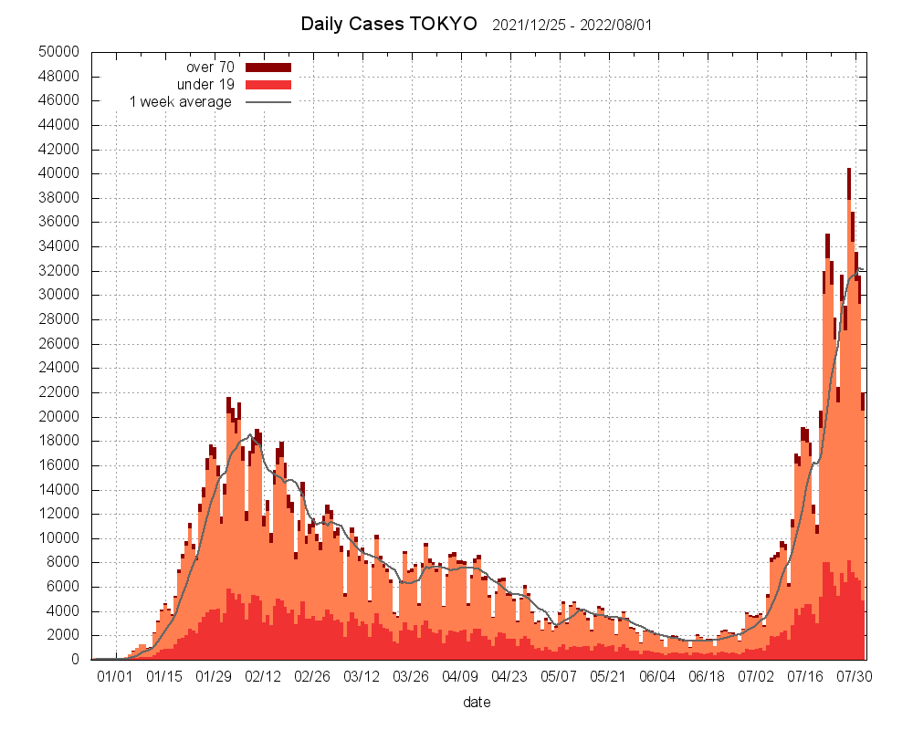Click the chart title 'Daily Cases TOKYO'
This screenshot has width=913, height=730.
click(x=389, y=24)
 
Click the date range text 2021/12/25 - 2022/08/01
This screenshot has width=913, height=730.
click(x=572, y=25)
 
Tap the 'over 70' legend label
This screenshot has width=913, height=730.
click(x=210, y=67)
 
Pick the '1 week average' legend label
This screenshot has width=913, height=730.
click(x=181, y=101)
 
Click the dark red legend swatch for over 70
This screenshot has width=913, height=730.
click(x=268, y=67)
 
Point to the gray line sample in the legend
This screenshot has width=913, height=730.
click(x=268, y=101)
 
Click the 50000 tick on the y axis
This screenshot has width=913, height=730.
click(x=59, y=52)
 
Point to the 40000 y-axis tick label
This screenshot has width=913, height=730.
click(x=59, y=173)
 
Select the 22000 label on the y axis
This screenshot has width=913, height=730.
click(x=59, y=392)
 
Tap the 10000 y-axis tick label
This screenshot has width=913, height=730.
click(x=59, y=538)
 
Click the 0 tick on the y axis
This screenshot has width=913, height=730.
click(x=76, y=660)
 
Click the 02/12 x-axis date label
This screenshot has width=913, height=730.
click(x=263, y=677)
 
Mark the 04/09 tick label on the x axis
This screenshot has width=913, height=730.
click(x=460, y=677)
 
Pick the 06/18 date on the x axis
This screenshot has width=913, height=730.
click(x=707, y=677)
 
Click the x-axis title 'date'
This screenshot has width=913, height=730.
click(x=477, y=703)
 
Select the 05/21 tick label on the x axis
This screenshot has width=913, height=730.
click(x=608, y=677)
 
